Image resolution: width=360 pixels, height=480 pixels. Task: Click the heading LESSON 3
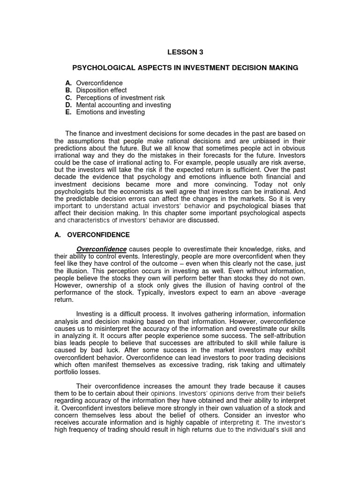180,52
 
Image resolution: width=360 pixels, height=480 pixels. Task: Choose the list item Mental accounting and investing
123,105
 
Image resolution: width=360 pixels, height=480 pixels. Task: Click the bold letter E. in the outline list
68,112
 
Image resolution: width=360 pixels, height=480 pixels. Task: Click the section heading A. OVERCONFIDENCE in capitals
92,234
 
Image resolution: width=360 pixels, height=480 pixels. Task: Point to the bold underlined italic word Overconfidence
102,249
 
